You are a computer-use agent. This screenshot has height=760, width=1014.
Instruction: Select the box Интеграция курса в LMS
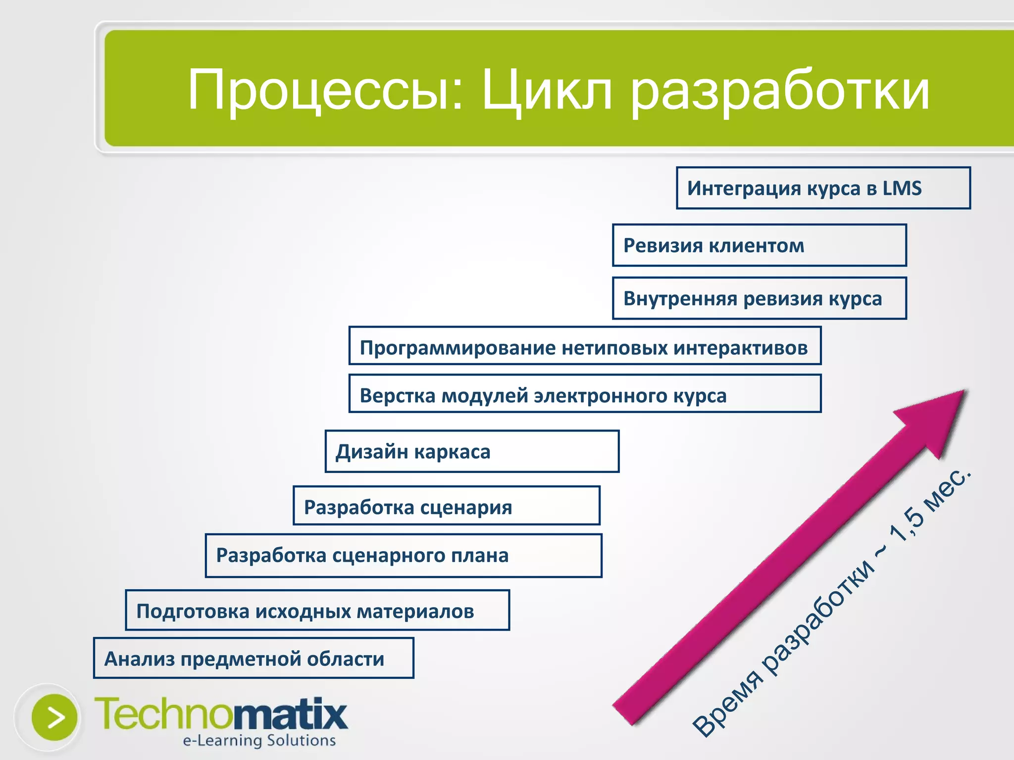click(x=823, y=188)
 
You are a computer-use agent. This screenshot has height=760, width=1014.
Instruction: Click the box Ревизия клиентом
click(x=759, y=245)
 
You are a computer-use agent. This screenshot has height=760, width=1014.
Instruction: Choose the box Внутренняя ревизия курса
click(x=759, y=298)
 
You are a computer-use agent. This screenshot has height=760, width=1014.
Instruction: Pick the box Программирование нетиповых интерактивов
click(x=585, y=346)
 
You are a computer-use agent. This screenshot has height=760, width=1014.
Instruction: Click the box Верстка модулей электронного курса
click(x=585, y=394)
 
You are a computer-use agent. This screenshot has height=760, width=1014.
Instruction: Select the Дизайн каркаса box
click(x=472, y=451)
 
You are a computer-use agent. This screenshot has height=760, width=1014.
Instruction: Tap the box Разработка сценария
click(x=446, y=506)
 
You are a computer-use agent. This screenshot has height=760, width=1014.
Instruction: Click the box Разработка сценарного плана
click(x=404, y=556)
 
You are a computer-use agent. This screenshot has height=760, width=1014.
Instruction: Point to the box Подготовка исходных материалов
click(x=317, y=610)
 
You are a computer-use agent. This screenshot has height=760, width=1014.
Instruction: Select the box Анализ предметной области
click(x=253, y=658)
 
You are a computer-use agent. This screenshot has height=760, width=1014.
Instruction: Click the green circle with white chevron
click(x=54, y=717)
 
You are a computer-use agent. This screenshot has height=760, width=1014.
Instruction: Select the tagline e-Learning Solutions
click(x=259, y=740)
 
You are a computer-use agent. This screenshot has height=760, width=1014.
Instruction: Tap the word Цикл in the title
click(x=547, y=91)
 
